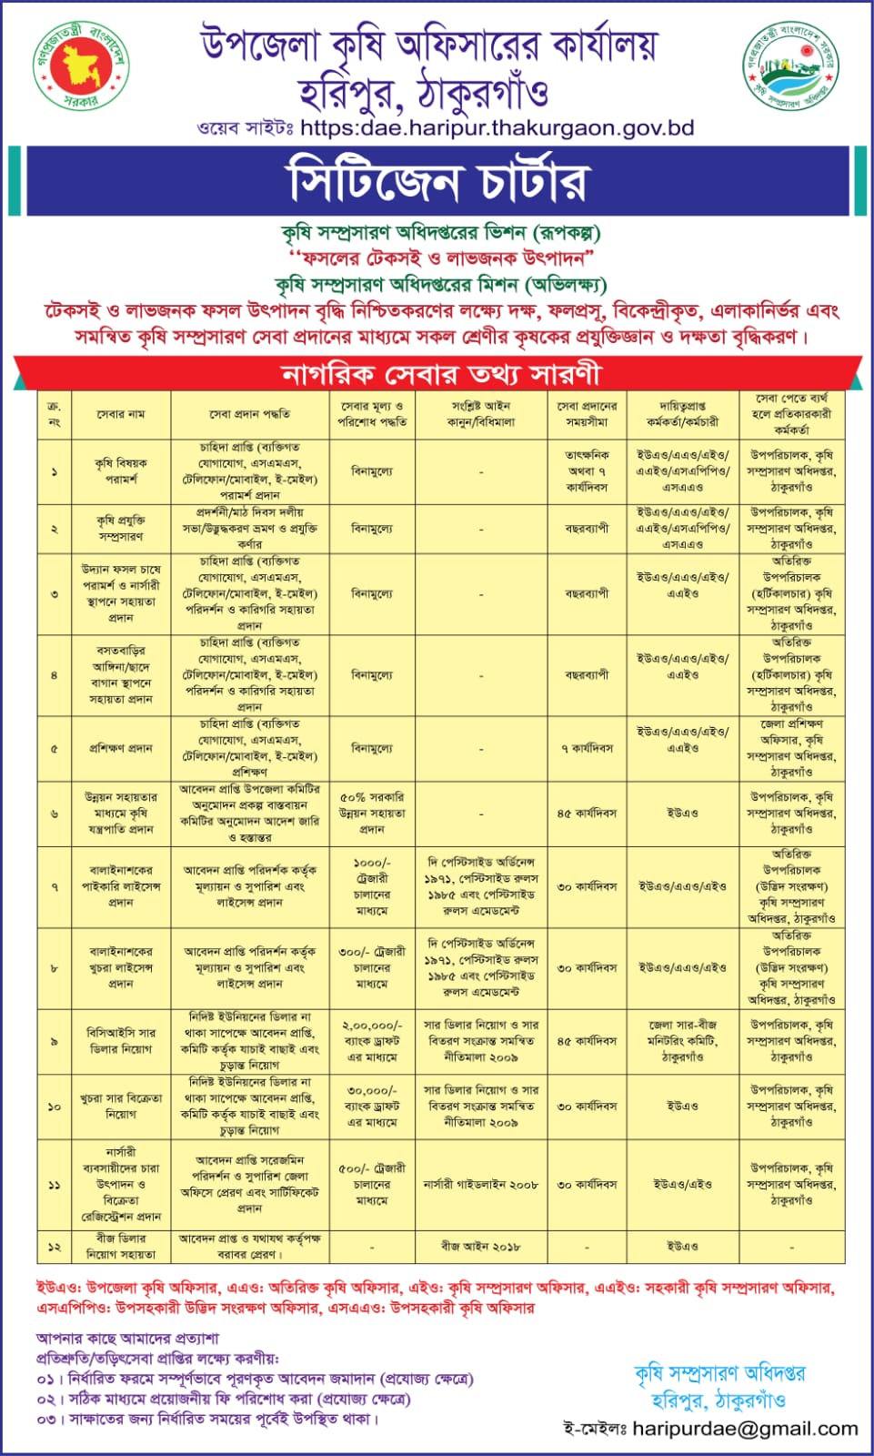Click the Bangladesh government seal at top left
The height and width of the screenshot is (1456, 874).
pos(81,66)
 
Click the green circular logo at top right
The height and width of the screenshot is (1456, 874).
pos(791,66)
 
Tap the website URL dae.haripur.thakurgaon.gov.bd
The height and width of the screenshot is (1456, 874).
pos(497,128)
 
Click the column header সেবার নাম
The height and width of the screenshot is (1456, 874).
pos(121,414)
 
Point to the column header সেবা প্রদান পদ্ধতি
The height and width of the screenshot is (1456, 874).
pos(249,414)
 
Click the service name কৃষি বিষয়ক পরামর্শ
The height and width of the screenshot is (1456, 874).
pos(121,471)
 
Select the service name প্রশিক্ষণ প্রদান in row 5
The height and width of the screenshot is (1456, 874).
pos(121,748)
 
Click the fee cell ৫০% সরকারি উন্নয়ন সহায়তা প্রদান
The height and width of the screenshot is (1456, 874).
pos(372,813)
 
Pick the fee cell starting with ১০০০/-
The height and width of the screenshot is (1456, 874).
pos(372,886)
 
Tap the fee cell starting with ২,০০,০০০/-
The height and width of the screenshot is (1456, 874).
pos(372,1041)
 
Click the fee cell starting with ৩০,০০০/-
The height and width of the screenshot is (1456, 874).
pos(372,1107)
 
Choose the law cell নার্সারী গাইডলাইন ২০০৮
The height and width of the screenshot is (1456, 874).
pos(480,1185)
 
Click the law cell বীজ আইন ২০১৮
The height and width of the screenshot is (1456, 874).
pos(480,1246)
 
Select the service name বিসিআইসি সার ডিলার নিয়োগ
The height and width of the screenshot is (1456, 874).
pos(121,1041)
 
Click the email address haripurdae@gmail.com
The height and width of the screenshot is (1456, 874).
pos(745,1429)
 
